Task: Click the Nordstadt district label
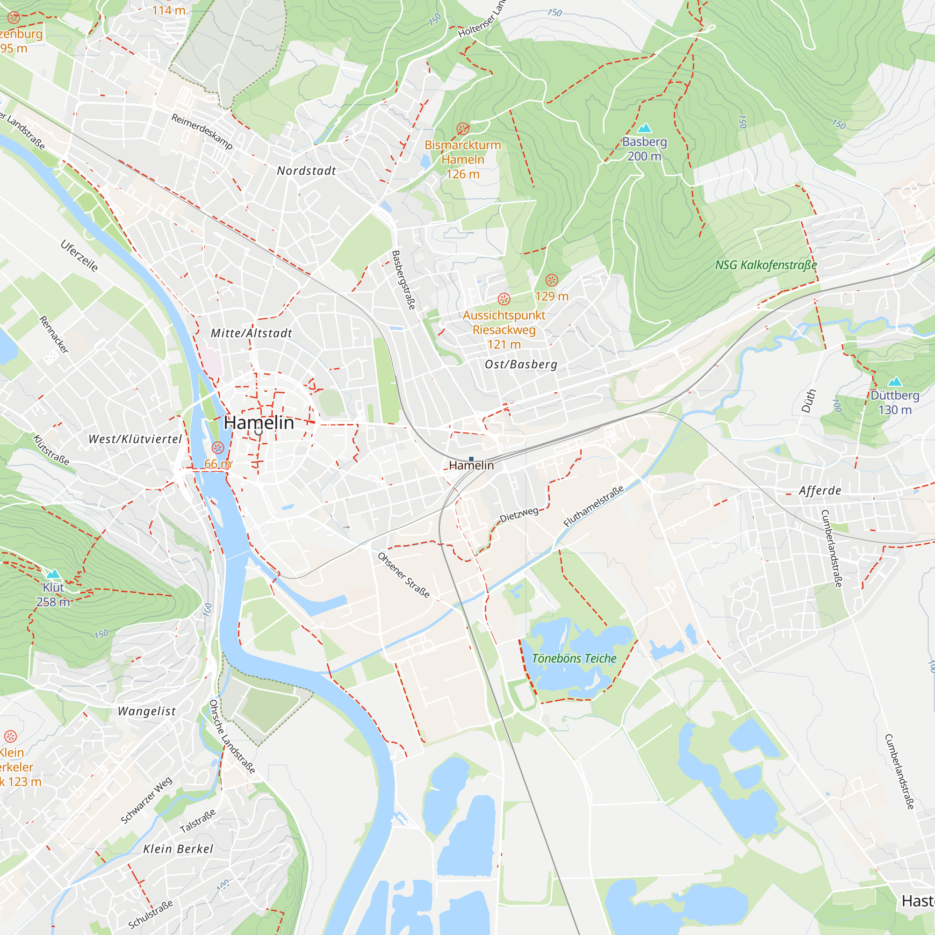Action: [x=306, y=171]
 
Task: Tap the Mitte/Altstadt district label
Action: [x=251, y=333]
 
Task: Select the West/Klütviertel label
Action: [x=135, y=439]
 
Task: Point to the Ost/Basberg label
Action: [x=521, y=365]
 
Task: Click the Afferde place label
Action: [x=820, y=491]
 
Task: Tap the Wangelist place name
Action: [x=147, y=711]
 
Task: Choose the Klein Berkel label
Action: [x=178, y=849]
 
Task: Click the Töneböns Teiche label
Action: [x=574, y=658]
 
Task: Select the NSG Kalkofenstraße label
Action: [x=766, y=265]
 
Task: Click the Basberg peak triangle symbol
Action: [x=644, y=128]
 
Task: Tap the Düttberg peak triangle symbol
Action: [x=895, y=382]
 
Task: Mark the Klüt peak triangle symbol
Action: [x=53, y=574]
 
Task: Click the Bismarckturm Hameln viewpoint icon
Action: [x=463, y=129]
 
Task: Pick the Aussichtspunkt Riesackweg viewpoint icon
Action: [x=504, y=299]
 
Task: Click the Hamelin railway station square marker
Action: [x=471, y=459]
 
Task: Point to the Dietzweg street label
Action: [x=519, y=514]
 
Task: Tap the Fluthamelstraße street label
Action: [x=593, y=507]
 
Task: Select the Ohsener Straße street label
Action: [x=403, y=575]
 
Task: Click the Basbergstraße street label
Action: [x=403, y=280]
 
